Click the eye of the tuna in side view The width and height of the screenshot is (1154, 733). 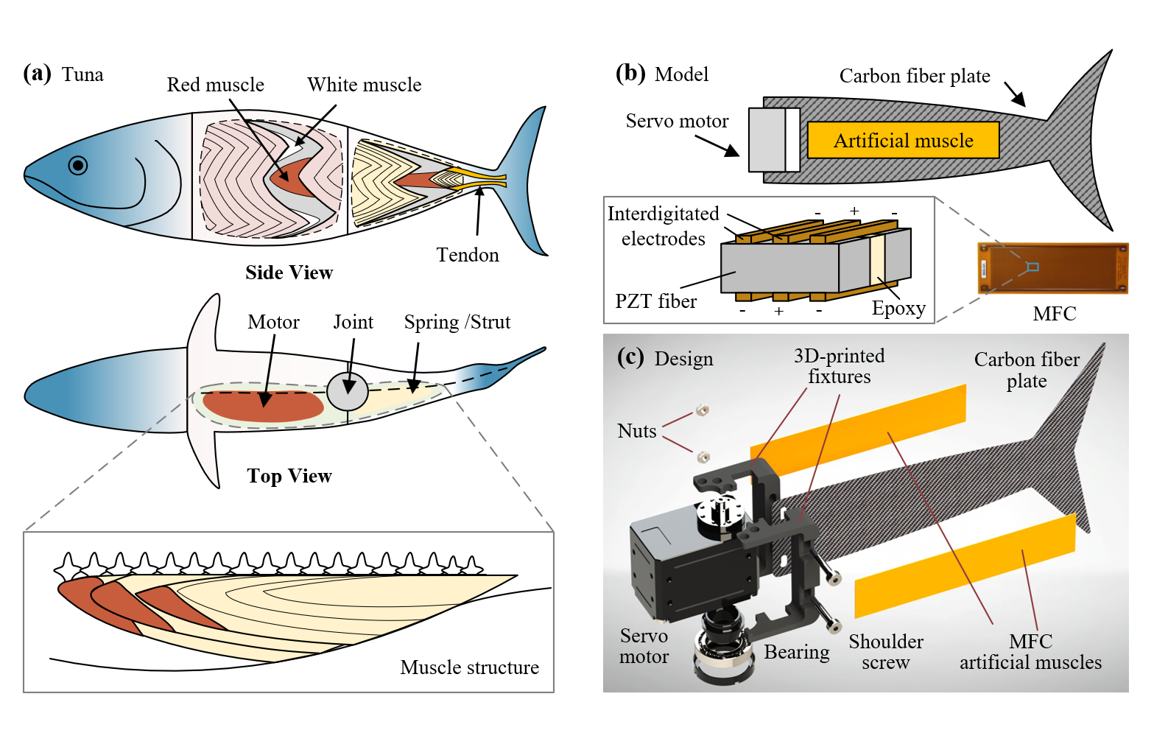77,165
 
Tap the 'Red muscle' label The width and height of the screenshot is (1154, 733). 215,85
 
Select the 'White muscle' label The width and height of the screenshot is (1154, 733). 364,85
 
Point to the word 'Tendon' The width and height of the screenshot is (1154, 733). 468,255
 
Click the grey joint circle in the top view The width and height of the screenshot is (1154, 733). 348,391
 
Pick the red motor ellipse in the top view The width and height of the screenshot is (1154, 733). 263,405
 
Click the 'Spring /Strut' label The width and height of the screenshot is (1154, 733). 457,322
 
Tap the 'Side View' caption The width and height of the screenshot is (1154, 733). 289,273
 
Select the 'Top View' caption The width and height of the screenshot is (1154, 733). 289,476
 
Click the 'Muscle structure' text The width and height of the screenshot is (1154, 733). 469,667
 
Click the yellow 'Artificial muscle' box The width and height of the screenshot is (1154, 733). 903,140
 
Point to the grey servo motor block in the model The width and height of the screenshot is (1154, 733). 767,140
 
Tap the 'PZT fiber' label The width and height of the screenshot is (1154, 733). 655,301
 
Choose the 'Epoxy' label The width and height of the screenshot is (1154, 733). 898,308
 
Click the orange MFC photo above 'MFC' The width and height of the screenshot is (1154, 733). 1052,267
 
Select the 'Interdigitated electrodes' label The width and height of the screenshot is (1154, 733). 663,226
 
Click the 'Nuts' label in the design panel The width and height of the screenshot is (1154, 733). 636,431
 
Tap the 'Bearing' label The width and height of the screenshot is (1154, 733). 796,652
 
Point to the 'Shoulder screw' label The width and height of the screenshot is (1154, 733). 885,652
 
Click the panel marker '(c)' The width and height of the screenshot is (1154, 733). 630,358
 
